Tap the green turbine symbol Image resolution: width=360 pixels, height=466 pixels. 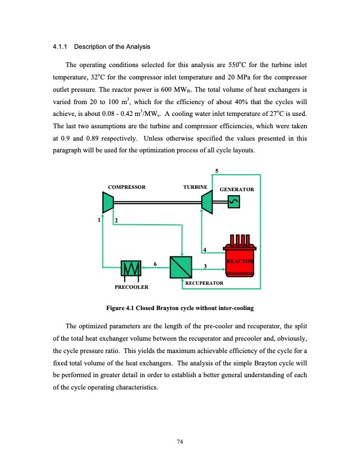pos(207,202)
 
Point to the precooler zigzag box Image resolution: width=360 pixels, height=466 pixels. pos(131,268)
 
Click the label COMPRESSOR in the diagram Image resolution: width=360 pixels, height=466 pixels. pos(127,187)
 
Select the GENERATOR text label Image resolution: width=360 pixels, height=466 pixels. pos(236,190)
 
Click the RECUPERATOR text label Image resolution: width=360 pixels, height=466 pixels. pos(204,284)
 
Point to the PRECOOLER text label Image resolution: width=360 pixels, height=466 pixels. pos(131,287)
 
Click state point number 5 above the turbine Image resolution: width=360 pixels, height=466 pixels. pos(216,171)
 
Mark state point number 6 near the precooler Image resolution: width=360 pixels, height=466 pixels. pos(155,264)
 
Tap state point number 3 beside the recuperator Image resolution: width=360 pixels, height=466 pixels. pos(204,268)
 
